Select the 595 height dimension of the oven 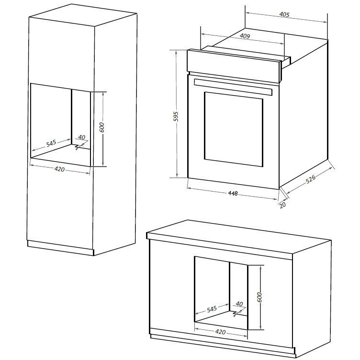point(176,115)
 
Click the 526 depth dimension point(311,181)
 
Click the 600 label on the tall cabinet point(102,127)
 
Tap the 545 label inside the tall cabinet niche point(51,143)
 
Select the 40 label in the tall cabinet point(81,138)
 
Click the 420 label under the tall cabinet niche point(59,169)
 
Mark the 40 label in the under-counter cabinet point(239,304)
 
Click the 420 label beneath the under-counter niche point(220,332)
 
